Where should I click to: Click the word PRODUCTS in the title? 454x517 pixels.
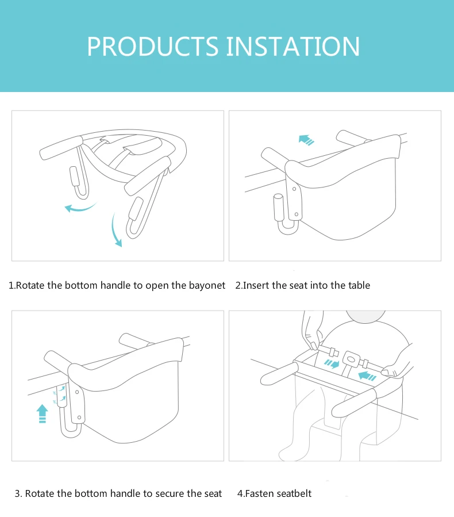[152, 46]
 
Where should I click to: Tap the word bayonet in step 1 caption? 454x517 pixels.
[207, 285]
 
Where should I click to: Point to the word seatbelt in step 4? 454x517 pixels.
[294, 493]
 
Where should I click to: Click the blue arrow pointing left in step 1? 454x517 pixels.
[79, 208]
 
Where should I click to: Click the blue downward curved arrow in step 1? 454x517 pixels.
[117, 229]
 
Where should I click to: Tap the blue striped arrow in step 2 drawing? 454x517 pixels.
[306, 139]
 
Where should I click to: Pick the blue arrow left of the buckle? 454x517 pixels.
[332, 363]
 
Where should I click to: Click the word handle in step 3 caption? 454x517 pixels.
[125, 493]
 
